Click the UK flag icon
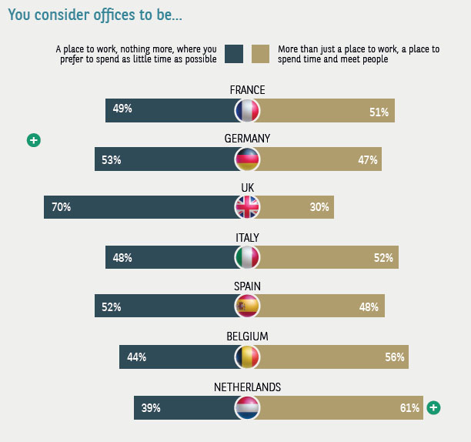[x=248, y=207]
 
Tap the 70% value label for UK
[x=62, y=207]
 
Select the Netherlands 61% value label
[x=410, y=408]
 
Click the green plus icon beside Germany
[x=34, y=140]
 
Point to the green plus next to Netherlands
[x=434, y=408]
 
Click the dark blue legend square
[x=234, y=53]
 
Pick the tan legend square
[x=260, y=53]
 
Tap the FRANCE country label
[x=247, y=90]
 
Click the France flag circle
[x=248, y=111]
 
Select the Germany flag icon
[x=248, y=159]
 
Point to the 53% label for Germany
[x=112, y=160]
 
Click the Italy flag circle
[x=248, y=258]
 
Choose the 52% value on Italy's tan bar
[x=384, y=258]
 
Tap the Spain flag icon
[x=248, y=306]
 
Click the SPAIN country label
[x=247, y=286]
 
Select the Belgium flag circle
[x=248, y=357]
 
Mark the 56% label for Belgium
[x=394, y=357]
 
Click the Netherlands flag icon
[x=248, y=407]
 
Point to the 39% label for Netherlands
[x=151, y=408]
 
